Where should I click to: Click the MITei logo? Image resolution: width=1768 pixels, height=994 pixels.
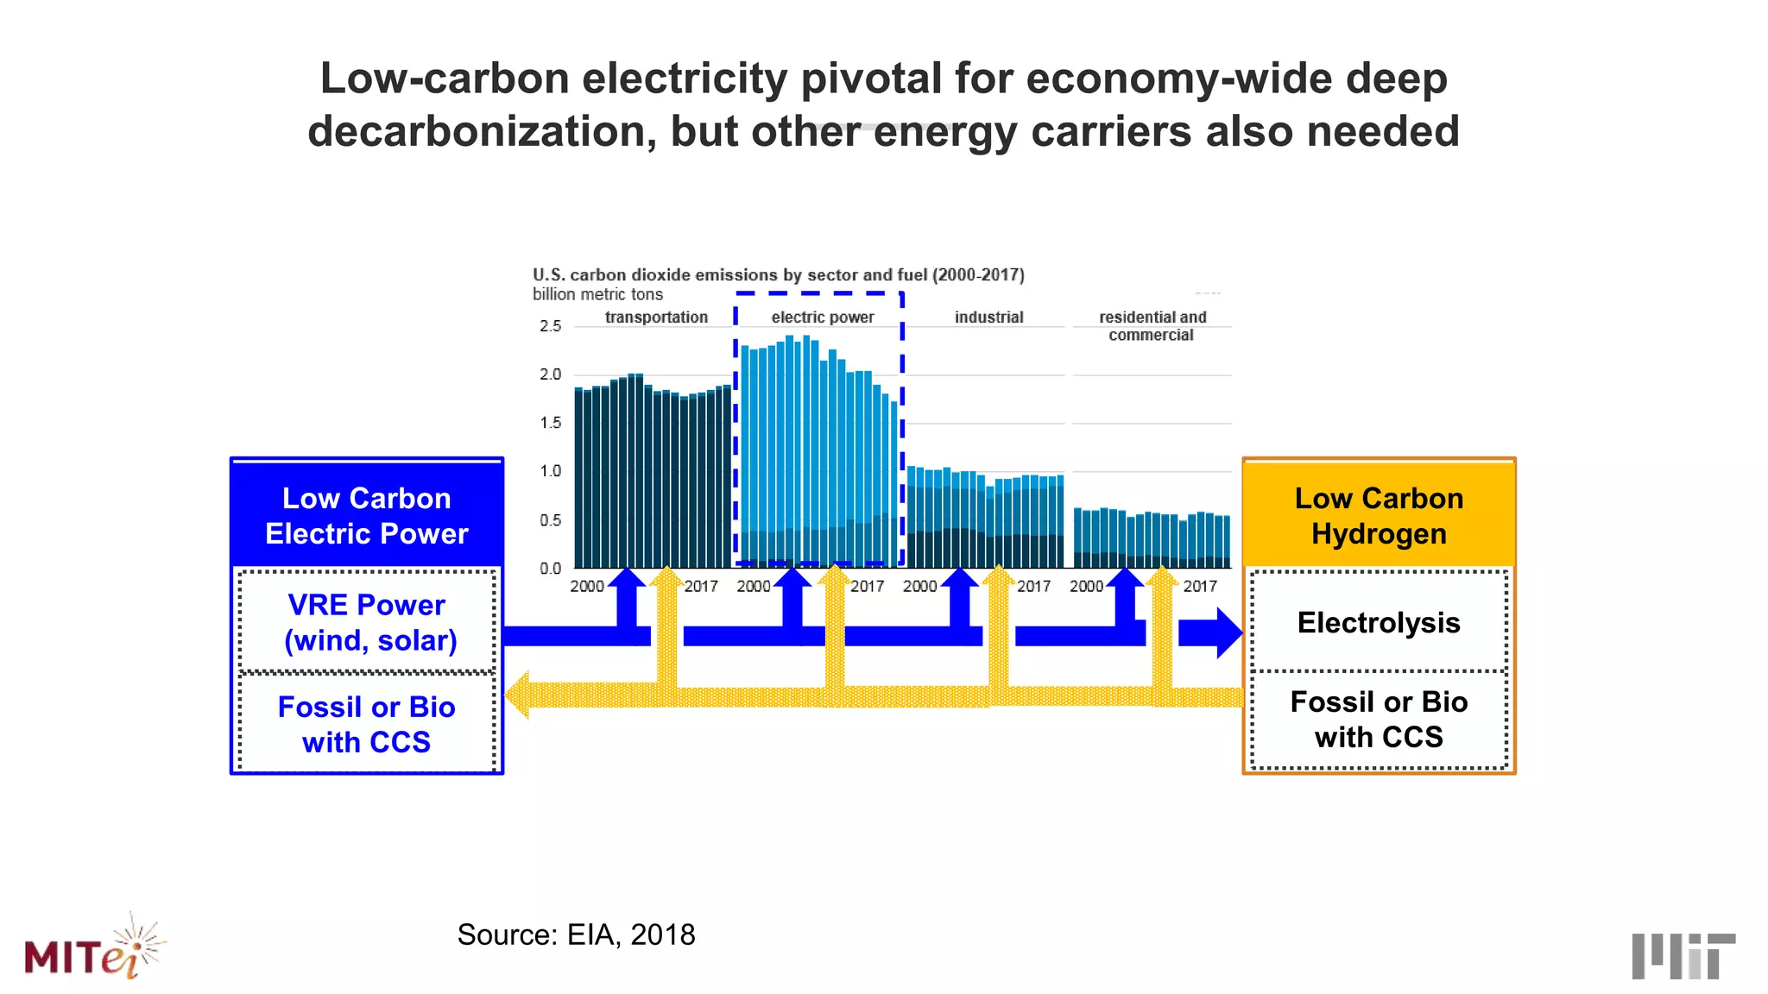93,949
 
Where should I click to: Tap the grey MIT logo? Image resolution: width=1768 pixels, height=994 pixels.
1683,955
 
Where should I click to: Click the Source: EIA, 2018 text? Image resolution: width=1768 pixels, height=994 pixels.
576,934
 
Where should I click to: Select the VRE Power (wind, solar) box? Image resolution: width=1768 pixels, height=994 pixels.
367,622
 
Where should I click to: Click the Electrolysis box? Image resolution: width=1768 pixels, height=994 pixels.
1379,622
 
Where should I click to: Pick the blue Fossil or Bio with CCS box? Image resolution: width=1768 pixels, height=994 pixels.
367,724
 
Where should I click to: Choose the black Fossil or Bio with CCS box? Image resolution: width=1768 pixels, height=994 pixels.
1379,720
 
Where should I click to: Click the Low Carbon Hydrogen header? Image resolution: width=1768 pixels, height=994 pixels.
1379,515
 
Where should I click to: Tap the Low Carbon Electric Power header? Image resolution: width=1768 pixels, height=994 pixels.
367,515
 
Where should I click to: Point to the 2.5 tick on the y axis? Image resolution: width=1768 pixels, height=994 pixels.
550,326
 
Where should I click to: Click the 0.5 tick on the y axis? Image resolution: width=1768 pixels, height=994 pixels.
550,520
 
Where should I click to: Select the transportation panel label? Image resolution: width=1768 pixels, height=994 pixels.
656,318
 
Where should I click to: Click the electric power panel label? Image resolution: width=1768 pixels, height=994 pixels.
822,318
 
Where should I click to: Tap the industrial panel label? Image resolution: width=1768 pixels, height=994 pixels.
988,318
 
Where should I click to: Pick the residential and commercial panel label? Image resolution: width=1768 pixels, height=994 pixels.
1152,326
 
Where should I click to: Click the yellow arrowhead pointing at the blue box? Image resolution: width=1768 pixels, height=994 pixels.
519,695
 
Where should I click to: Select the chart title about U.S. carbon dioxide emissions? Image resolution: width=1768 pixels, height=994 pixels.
778,275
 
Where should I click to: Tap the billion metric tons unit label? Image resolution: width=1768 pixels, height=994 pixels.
597,294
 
